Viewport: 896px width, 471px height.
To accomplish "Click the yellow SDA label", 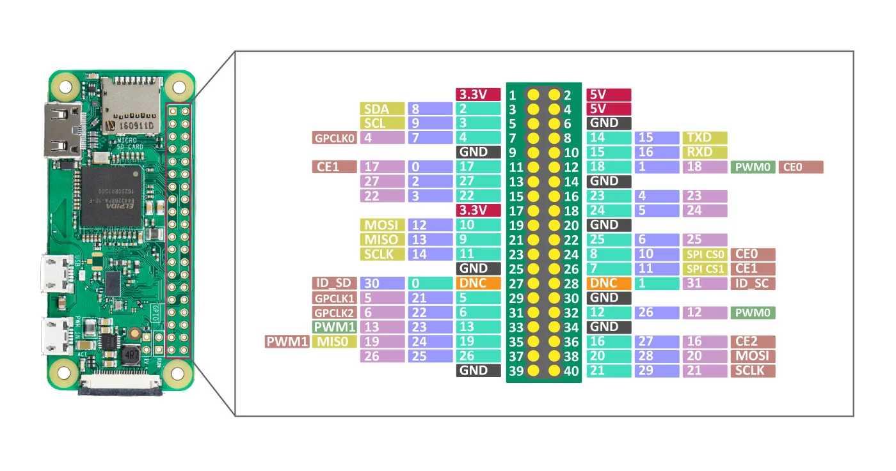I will click(x=382, y=109).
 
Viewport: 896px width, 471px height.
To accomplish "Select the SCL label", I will click(x=382, y=123).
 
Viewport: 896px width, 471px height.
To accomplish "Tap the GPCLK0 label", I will click(x=333, y=137).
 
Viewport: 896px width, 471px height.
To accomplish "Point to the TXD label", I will click(x=705, y=137).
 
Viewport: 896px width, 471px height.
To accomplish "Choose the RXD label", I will click(x=705, y=152).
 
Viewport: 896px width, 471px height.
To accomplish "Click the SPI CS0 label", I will click(x=705, y=254).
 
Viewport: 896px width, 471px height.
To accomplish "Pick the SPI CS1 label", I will click(x=705, y=269).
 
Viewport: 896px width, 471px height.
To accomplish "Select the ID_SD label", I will click(x=333, y=283).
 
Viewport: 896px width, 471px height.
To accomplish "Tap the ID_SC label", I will click(x=753, y=283).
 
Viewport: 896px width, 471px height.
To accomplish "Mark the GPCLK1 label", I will click(x=333, y=298).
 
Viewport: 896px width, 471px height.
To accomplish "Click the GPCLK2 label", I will click(x=333, y=313).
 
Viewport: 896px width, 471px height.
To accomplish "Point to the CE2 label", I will click(x=753, y=342).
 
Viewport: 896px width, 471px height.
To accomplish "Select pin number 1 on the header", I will click(x=513, y=95).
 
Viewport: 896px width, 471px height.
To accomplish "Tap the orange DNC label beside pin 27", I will click(x=478, y=283).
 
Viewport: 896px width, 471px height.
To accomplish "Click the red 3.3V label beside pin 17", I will click(x=478, y=210).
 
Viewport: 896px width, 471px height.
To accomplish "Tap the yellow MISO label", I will click(x=382, y=240).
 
